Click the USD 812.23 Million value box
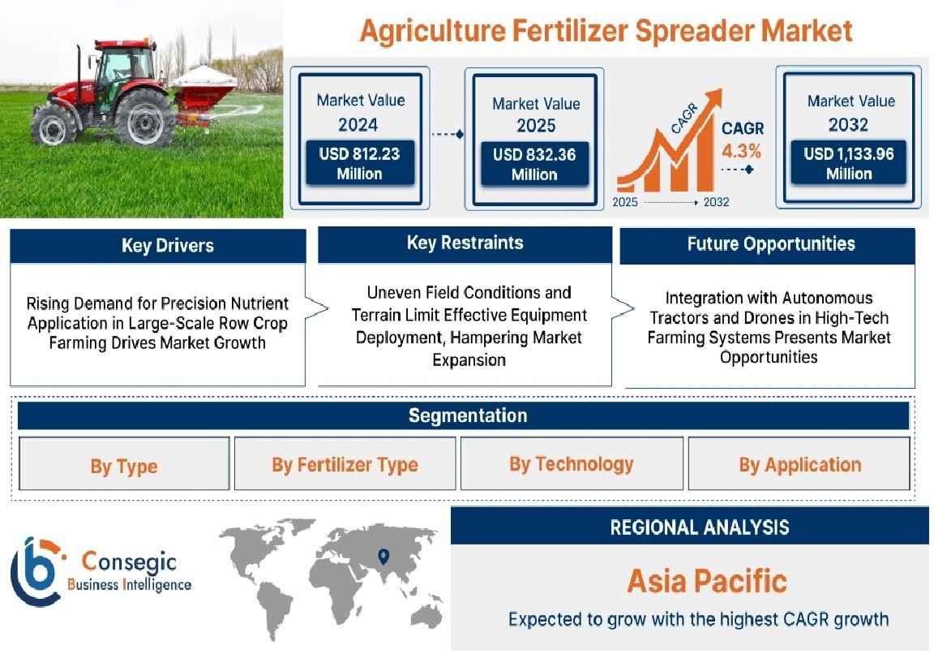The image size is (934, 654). [360, 163]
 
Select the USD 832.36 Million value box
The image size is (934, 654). [534, 164]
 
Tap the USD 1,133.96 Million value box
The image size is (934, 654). [848, 163]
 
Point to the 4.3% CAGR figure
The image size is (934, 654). [742, 151]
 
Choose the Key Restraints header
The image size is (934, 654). [465, 243]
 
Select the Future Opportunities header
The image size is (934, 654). [767, 244]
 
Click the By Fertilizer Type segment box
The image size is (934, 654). [345, 464]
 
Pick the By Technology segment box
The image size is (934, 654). [572, 464]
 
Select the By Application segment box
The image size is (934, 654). [799, 464]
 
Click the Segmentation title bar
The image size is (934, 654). [464, 415]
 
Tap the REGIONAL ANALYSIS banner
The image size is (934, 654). [690, 526]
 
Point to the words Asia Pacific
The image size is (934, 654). [707, 581]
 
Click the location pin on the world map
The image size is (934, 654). [383, 557]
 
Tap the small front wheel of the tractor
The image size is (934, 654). [54, 125]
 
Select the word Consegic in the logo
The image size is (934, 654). [129, 561]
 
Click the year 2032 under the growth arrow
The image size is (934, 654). [716, 202]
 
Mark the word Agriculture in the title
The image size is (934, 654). [432, 32]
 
